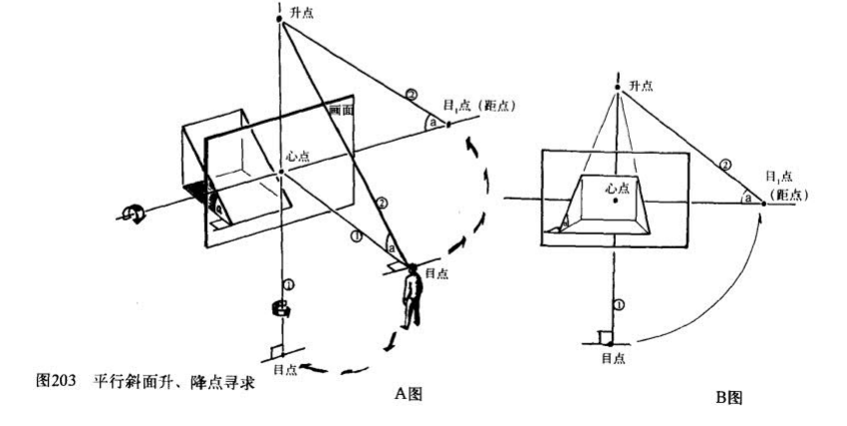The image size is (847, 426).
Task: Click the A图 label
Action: pyautogui.click(x=409, y=394)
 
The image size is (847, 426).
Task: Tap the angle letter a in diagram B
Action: pyautogui.click(x=747, y=199)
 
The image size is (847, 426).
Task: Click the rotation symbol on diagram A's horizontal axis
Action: pyautogui.click(x=130, y=212)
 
